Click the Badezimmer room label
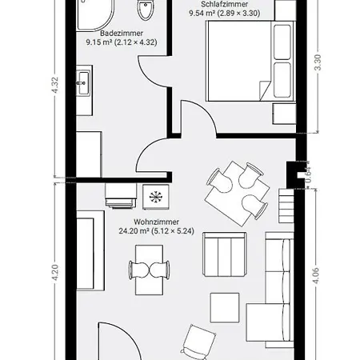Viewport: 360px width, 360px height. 122,34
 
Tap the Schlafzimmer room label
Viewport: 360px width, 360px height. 225,4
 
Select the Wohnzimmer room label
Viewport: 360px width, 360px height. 156,222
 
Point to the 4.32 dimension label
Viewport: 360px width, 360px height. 55,86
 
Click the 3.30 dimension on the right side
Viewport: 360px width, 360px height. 318,62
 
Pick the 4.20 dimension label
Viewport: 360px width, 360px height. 55,272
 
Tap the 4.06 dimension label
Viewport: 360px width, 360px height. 316,275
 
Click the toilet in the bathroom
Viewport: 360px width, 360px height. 146,10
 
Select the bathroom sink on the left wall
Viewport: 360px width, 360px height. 83,82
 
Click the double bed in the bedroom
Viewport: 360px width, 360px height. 250,61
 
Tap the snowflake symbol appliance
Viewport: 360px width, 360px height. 156,197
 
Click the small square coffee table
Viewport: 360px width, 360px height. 225,308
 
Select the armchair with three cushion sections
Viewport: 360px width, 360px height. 225,254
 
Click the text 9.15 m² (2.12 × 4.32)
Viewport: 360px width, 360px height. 122,42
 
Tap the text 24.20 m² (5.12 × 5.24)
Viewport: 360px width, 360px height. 156,231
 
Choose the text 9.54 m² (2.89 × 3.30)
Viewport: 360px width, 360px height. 225,13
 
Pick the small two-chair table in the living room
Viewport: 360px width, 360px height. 150,270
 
